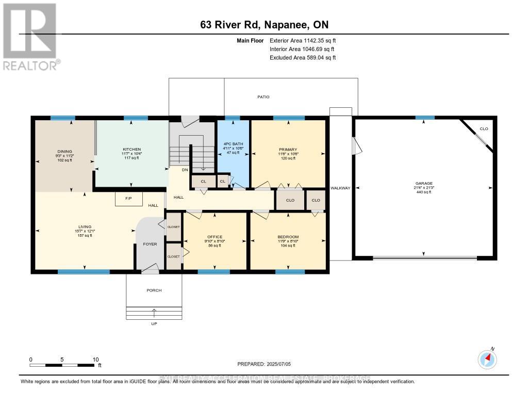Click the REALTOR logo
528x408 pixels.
[30, 36]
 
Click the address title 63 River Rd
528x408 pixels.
[263, 25]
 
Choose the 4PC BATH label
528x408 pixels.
[233, 144]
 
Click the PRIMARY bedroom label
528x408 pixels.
[288, 150]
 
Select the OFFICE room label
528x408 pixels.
[214, 237]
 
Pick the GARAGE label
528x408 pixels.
[424, 183]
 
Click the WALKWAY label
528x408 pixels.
[340, 188]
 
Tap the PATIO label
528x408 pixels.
[263, 97]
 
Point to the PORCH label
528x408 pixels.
[154, 290]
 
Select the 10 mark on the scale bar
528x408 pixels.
[95, 360]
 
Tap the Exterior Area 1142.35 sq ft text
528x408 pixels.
[303, 40]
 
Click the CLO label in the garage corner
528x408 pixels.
[484, 128]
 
